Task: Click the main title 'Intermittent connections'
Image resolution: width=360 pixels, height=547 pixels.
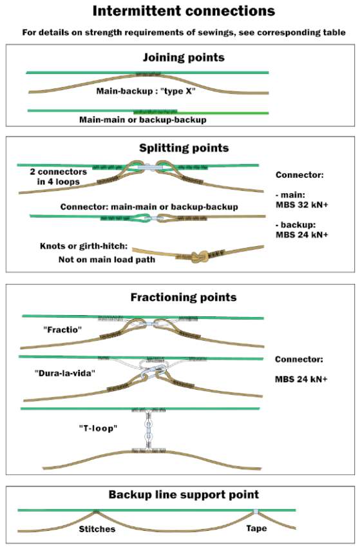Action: pyautogui.click(x=184, y=11)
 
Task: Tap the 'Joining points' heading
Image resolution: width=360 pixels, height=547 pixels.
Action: pyautogui.click(x=184, y=57)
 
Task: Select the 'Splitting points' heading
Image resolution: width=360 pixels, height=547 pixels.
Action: pyautogui.click(x=184, y=148)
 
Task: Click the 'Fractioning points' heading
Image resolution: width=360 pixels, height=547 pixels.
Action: pyautogui.click(x=184, y=297)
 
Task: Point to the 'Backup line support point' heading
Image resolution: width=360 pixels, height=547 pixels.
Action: pyautogui.click(x=184, y=494)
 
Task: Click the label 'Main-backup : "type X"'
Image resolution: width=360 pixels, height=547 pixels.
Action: pyautogui.click(x=146, y=91)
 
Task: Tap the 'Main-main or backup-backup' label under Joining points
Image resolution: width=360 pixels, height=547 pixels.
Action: pyautogui.click(x=143, y=120)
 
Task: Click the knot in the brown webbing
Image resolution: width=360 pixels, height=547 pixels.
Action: pyautogui.click(x=200, y=258)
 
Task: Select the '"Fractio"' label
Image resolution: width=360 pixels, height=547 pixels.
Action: pyautogui.click(x=62, y=329)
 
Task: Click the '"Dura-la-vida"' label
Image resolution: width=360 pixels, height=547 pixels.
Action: pyautogui.click(x=65, y=373)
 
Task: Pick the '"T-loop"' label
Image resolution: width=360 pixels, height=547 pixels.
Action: pyautogui.click(x=98, y=428)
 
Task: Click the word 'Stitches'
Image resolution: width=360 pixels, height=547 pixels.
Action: pyautogui.click(x=97, y=529)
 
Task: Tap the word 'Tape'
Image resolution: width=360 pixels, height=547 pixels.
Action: pyautogui.click(x=256, y=528)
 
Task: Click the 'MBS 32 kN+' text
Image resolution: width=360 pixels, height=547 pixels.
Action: pyautogui.click(x=302, y=205)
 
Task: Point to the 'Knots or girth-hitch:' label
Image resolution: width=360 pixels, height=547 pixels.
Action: pyautogui.click(x=84, y=246)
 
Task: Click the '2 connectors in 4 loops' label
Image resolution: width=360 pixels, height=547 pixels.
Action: pyautogui.click(x=58, y=177)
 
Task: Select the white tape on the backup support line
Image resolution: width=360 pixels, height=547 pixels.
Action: pyautogui.click(x=256, y=512)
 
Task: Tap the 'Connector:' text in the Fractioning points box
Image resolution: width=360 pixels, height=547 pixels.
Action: pyautogui.click(x=299, y=360)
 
